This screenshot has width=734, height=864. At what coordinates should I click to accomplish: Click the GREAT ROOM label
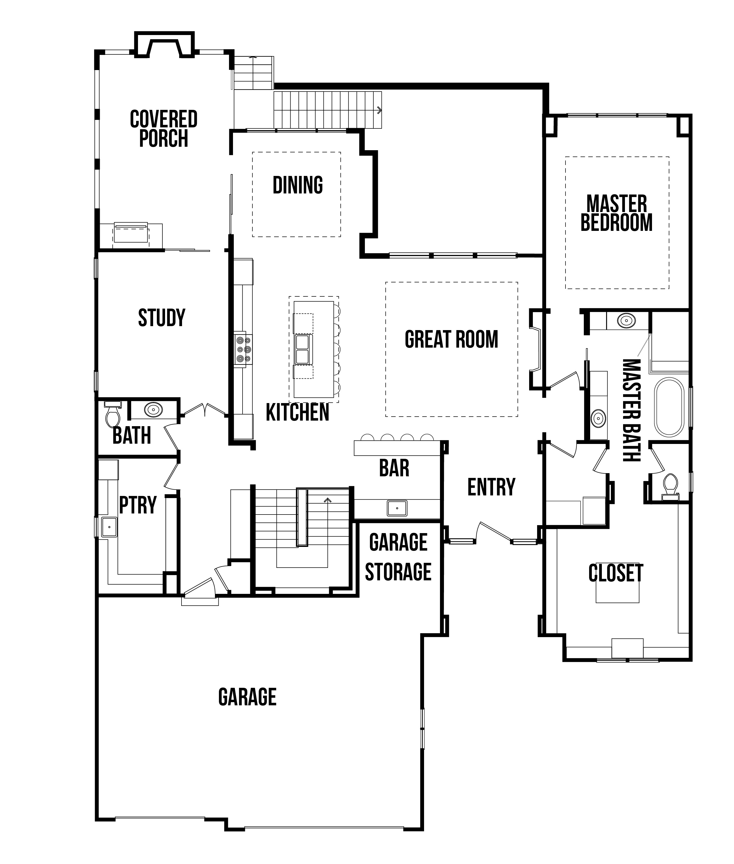coord(451,339)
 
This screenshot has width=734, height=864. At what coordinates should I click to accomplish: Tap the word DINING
coord(297,185)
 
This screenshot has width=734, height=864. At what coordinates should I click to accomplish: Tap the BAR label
coord(394,468)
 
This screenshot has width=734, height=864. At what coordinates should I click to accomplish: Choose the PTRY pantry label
coord(138,505)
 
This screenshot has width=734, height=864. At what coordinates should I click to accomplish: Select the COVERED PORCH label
coord(163,128)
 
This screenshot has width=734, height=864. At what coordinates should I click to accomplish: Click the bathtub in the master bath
coord(669,407)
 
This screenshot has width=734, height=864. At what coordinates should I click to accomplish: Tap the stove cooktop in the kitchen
coord(243,349)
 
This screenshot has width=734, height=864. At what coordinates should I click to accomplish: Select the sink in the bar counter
coord(397,508)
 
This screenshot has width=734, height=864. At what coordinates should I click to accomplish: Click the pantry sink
coord(109,527)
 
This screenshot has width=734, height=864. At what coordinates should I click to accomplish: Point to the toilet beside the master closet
coord(670,486)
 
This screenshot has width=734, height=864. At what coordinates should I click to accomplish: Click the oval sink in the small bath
coord(153,409)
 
